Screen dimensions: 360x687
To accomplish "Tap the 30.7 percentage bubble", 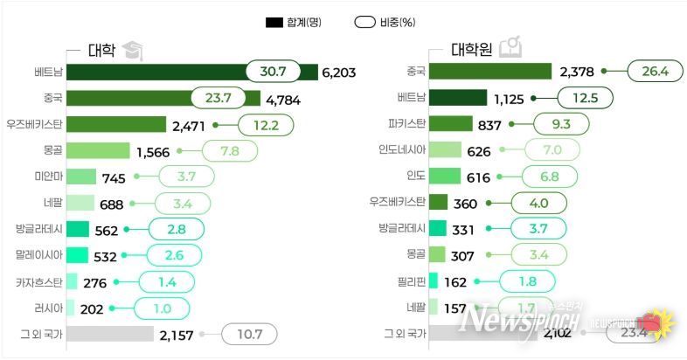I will point(273,72).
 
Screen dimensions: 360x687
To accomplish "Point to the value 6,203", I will point(339,73).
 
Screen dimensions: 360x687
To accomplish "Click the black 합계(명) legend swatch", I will point(274,22).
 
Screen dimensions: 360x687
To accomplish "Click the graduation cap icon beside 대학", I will point(133,50).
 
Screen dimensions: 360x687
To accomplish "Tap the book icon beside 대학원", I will point(510,48).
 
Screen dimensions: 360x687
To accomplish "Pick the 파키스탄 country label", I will point(406,124).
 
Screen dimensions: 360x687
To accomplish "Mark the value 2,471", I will point(189,126).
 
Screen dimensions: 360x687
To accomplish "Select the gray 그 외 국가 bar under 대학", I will point(110,334).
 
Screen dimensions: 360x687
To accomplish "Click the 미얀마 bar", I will point(81,177).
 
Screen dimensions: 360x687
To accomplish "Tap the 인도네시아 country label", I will point(399,150).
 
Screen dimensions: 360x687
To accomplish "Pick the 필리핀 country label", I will point(410,281).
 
